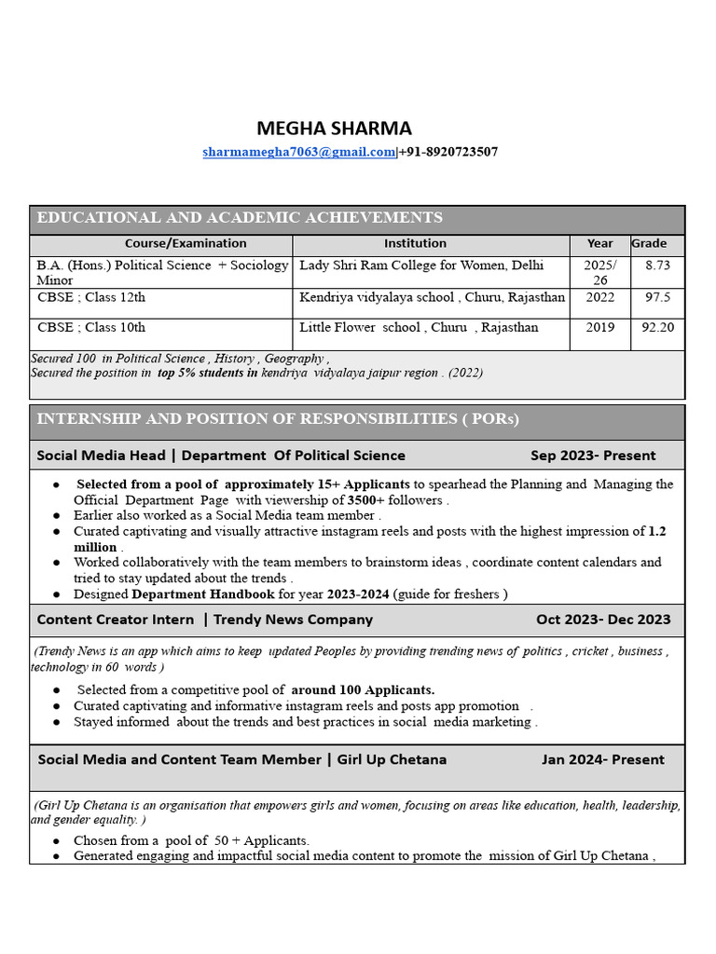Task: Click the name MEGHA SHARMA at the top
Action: click(x=334, y=129)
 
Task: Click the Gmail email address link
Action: click(x=299, y=152)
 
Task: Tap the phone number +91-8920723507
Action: click(x=448, y=152)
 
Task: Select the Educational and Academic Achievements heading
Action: click(x=240, y=218)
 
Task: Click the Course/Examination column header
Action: click(x=186, y=244)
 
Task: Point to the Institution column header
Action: click(x=415, y=244)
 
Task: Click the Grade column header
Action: click(x=650, y=244)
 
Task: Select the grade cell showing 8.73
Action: click(x=657, y=266)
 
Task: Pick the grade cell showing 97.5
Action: click(x=657, y=297)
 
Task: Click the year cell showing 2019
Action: click(x=600, y=328)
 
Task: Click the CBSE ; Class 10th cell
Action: click(x=91, y=328)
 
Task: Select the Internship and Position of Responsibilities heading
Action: click(x=278, y=419)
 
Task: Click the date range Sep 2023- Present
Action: click(x=593, y=456)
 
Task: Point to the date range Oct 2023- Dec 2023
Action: click(x=603, y=620)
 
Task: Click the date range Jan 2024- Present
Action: click(x=603, y=759)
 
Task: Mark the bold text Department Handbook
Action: click(x=203, y=594)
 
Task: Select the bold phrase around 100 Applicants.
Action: click(x=363, y=690)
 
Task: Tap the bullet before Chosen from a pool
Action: click(x=58, y=841)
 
